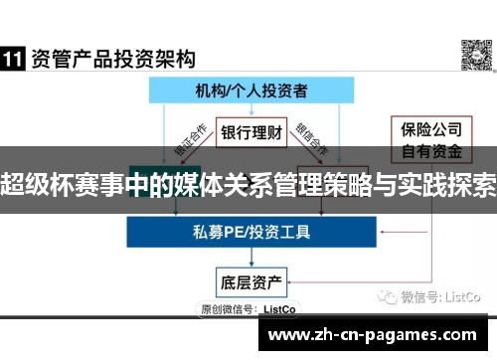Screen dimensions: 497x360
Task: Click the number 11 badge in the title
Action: click(x=13, y=58)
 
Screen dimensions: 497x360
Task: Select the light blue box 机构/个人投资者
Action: click(x=249, y=90)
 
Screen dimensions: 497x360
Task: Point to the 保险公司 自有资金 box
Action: click(x=428, y=139)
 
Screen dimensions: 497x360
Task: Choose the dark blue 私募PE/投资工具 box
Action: click(x=249, y=232)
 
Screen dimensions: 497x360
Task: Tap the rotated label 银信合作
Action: click(x=317, y=146)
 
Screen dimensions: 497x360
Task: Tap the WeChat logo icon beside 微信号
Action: click(x=385, y=295)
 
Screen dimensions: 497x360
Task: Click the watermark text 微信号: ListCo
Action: click(x=440, y=295)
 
